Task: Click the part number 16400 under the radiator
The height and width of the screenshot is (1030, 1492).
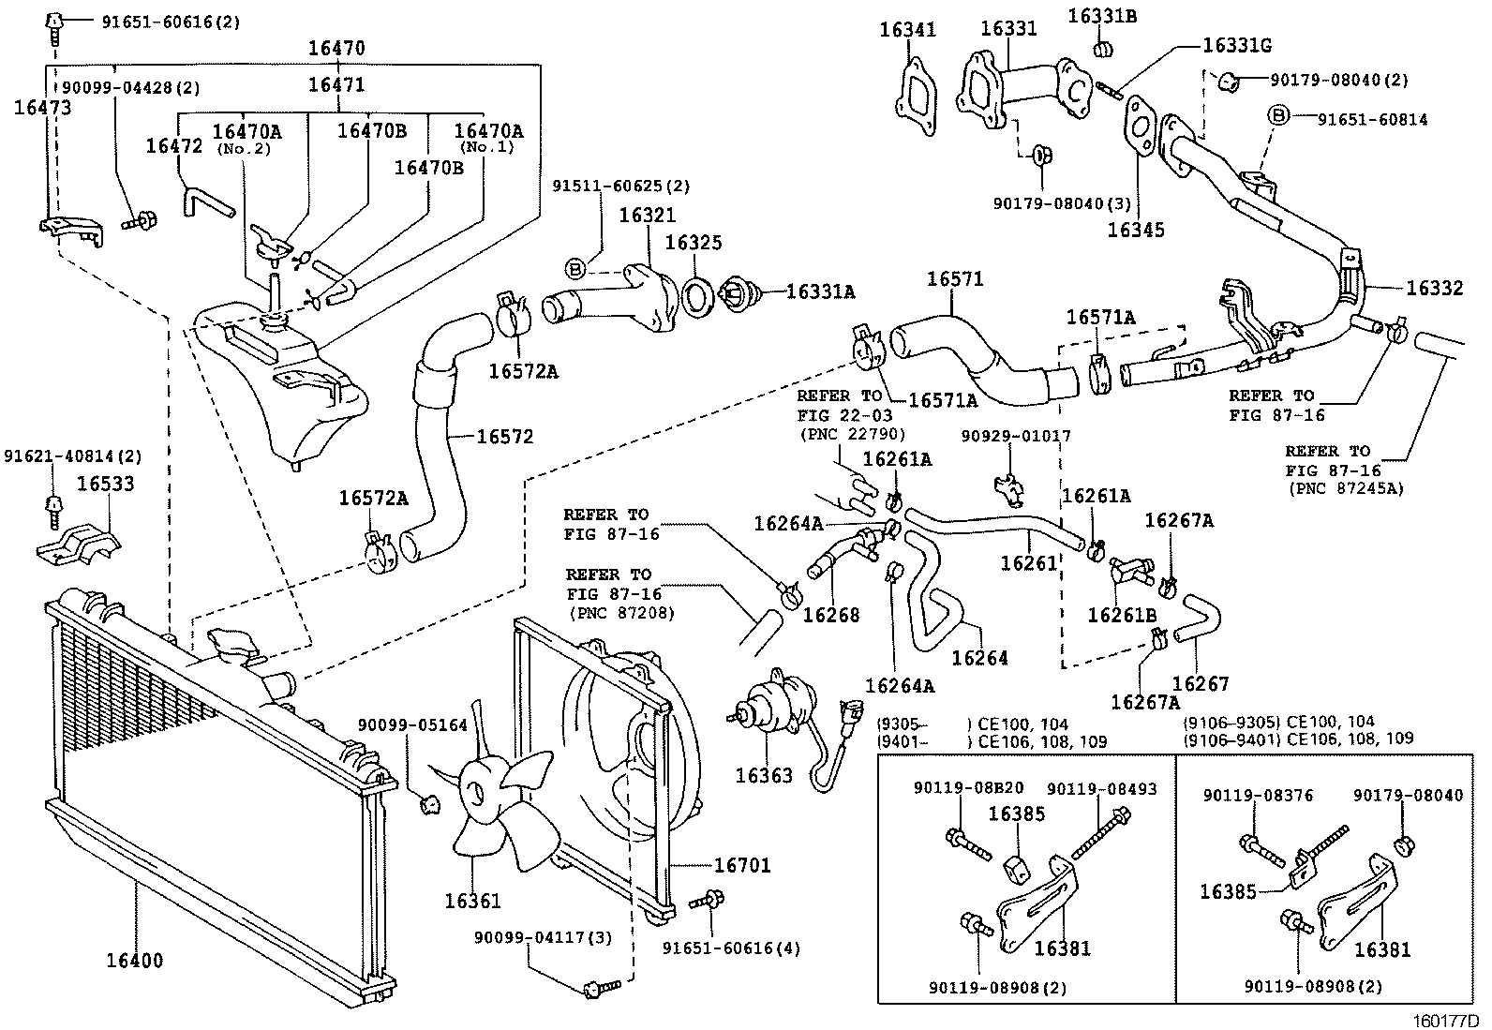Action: coord(134,960)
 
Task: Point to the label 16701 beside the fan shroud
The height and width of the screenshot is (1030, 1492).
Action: coord(741,865)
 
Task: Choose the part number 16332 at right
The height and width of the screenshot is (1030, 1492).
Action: coord(1434,289)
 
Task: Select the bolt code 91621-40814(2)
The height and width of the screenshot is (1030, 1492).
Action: coord(72,456)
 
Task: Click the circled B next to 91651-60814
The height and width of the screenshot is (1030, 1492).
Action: coord(1279,117)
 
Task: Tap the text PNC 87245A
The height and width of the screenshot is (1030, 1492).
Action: coord(1347,488)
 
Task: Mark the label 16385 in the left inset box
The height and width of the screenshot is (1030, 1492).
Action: coord(1017,814)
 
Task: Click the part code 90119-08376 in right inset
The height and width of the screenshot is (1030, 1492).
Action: coord(1257,796)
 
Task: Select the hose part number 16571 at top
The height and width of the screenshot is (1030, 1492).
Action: coord(955,278)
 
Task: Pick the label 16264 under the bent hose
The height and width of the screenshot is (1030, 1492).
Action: coord(978,658)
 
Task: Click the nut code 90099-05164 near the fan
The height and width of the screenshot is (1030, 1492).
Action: coord(411,724)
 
